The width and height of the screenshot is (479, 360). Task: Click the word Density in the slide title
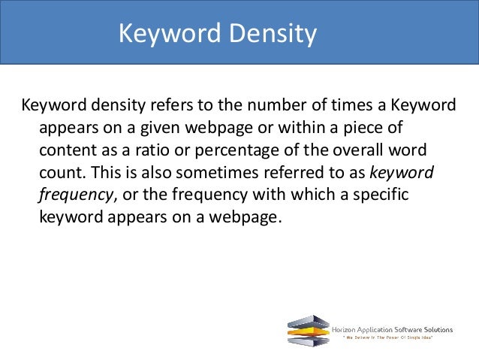click(274, 34)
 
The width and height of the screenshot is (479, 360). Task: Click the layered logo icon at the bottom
click(308, 330)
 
